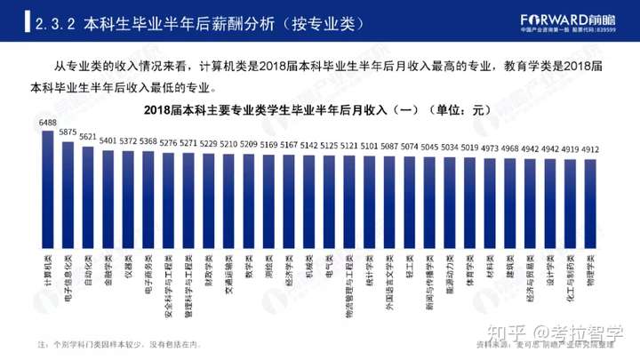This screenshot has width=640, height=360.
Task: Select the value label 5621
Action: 88,137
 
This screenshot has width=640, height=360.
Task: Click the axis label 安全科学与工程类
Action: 167,283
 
